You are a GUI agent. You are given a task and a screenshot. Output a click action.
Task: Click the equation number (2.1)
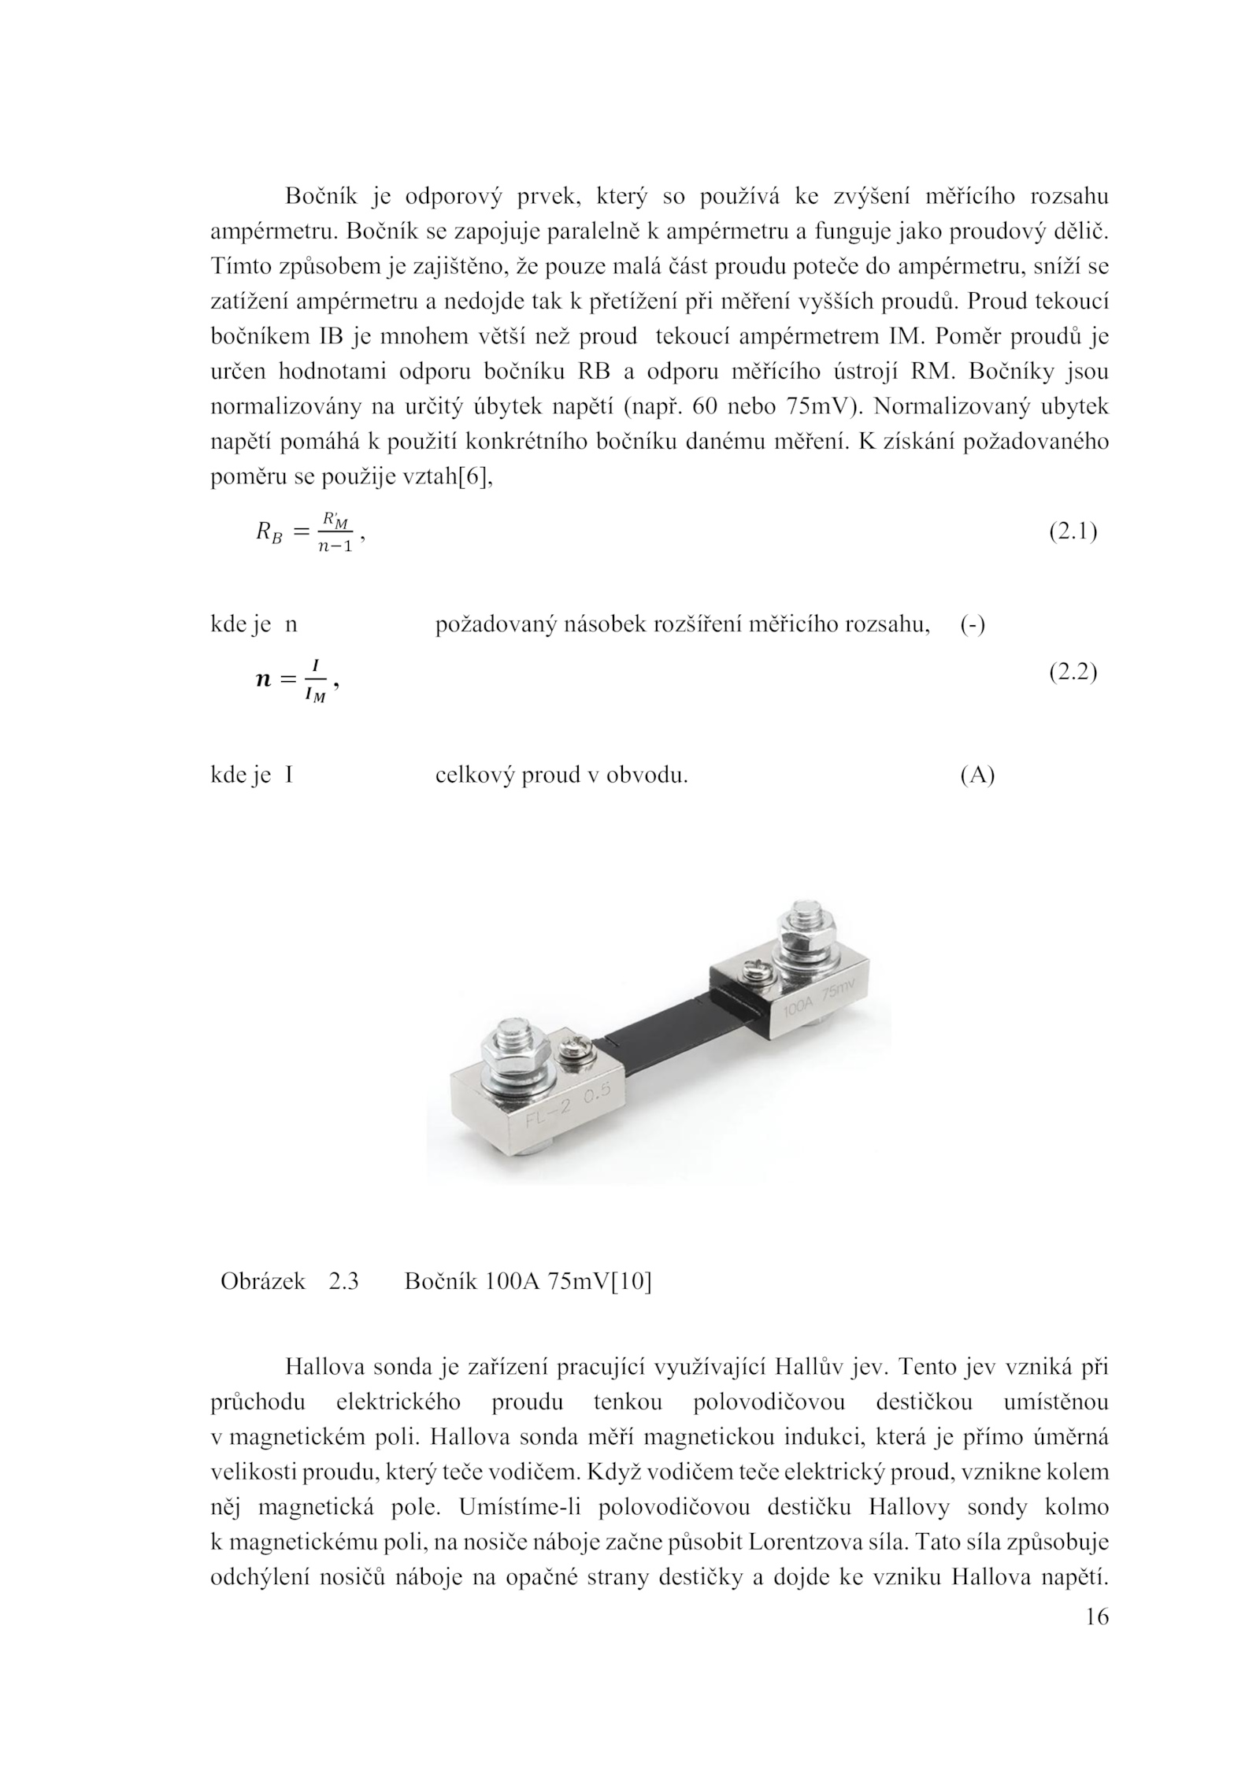[1073, 533]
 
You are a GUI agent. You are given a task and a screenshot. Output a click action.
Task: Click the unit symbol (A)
[977, 776]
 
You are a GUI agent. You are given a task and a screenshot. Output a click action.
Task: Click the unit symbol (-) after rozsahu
[973, 625]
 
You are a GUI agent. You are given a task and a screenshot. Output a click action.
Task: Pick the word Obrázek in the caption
[262, 1282]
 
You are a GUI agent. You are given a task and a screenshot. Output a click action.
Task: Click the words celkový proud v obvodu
[561, 776]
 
